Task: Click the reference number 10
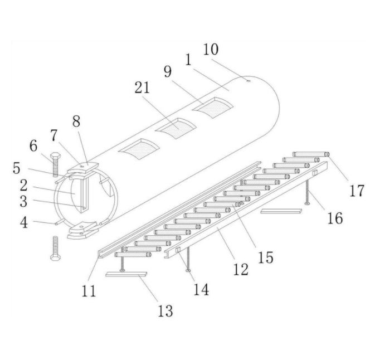211,50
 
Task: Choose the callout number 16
334,218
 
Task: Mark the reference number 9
167,72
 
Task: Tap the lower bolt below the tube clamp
55,248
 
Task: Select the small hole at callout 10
248,80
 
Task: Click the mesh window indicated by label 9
215,108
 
